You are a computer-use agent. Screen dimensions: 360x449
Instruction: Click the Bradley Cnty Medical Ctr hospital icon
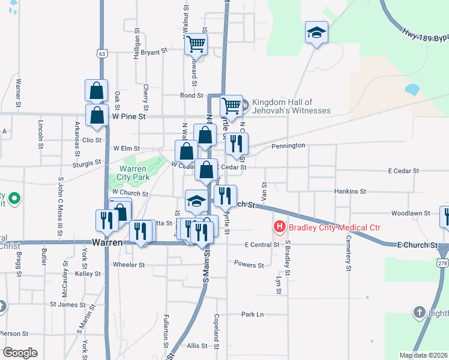click(x=279, y=227)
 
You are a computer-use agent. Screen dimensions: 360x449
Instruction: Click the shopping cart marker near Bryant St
click(x=196, y=44)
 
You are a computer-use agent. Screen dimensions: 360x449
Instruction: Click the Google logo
click(x=19, y=353)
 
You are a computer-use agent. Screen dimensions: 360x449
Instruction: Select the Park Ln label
click(x=252, y=314)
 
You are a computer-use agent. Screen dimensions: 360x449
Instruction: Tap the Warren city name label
click(x=108, y=243)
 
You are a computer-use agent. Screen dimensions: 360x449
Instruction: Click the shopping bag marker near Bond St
click(x=96, y=91)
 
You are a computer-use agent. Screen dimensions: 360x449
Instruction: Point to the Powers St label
click(x=249, y=265)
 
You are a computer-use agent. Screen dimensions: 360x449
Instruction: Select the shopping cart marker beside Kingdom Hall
click(x=231, y=106)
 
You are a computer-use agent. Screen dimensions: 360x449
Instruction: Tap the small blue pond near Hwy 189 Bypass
click(x=412, y=90)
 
